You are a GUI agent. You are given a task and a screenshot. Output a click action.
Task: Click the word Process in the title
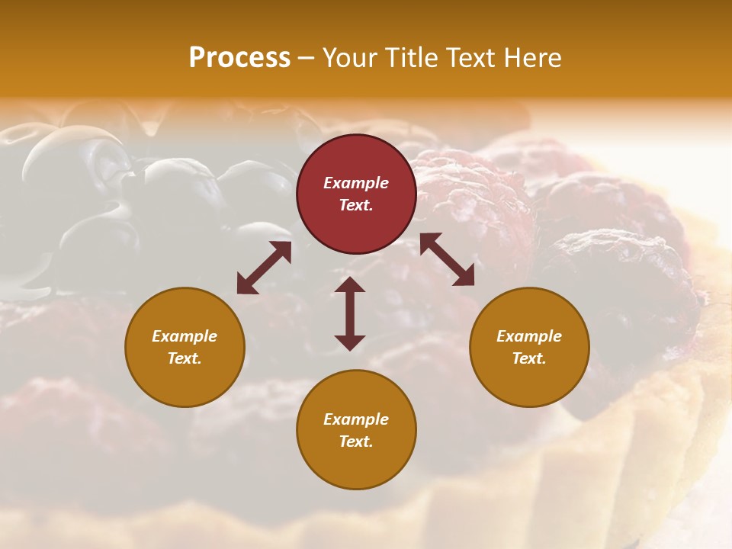pyautogui.click(x=239, y=58)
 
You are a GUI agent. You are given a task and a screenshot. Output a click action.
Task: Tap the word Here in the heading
pyautogui.click(x=531, y=58)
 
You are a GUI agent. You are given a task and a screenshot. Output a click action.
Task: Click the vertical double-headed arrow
pyautogui.click(x=350, y=313)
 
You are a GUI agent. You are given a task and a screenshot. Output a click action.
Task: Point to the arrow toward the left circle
pyautogui.click(x=264, y=267)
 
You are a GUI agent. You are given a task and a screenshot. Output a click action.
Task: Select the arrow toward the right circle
pyautogui.click(x=447, y=259)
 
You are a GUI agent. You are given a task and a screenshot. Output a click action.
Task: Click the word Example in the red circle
pyautogui.click(x=356, y=183)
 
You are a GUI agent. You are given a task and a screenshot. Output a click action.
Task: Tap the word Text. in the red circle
pyautogui.click(x=356, y=205)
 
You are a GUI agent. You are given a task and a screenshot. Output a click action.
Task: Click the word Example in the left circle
pyautogui.click(x=185, y=336)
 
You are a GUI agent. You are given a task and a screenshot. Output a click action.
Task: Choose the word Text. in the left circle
pyautogui.click(x=185, y=358)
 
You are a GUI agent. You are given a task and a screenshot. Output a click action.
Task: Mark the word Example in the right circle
pyautogui.click(x=529, y=336)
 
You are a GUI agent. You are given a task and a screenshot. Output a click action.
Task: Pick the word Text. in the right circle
pyautogui.click(x=529, y=358)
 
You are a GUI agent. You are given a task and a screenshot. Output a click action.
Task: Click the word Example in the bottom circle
pyautogui.click(x=356, y=419)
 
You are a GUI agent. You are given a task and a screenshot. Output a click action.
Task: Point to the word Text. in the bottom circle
pyautogui.click(x=356, y=441)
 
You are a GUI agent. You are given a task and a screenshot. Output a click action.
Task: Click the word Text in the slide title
pyautogui.click(x=469, y=58)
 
